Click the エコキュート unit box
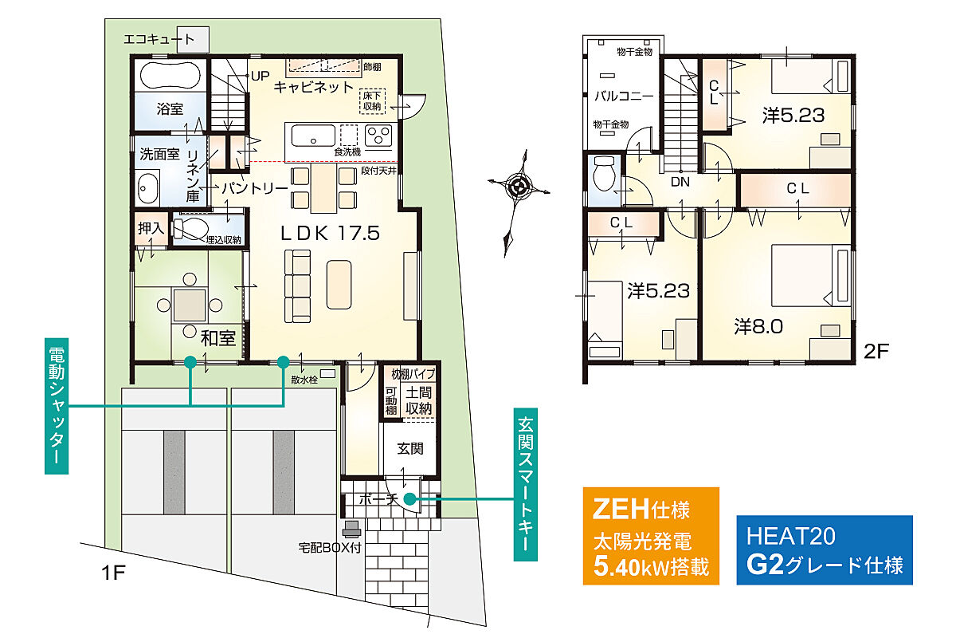pyautogui.click(x=193, y=40)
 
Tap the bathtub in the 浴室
pyautogui.click(x=170, y=76)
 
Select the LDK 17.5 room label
pyautogui.click(x=330, y=234)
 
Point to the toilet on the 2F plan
pyautogui.click(x=604, y=173)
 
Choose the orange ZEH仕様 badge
pyautogui.click(x=651, y=536)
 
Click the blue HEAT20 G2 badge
pyautogui.click(x=825, y=550)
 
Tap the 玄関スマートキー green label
pyautogui.click(x=525, y=485)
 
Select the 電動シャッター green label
pyautogui.click(x=57, y=406)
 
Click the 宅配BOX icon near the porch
pyautogui.click(x=351, y=530)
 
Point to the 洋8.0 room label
pyautogui.click(x=758, y=327)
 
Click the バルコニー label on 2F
pyautogui.click(x=624, y=96)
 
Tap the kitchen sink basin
pyautogui.click(x=313, y=136)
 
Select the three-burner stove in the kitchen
pyautogui.click(x=378, y=136)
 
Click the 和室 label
pyautogui.click(x=218, y=338)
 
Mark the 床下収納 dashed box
pyautogui.click(x=372, y=101)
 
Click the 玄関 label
pyautogui.click(x=410, y=448)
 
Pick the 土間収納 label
pyautogui.click(x=419, y=400)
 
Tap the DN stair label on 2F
pyautogui.click(x=680, y=182)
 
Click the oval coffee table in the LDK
pyautogui.click(x=339, y=285)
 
